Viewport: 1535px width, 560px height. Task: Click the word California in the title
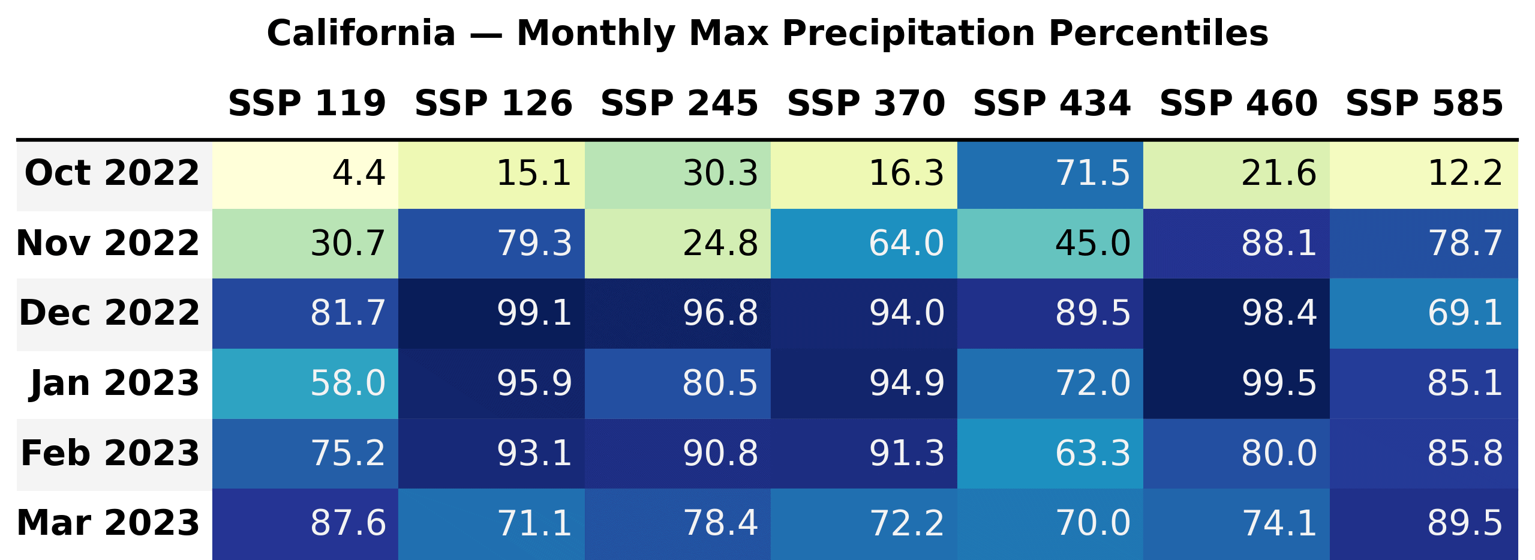coord(361,34)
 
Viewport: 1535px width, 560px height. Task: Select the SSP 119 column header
coord(307,103)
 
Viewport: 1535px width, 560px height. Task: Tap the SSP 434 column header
coord(1052,103)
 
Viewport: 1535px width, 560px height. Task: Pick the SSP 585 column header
coord(1424,103)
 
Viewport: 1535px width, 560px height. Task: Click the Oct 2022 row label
coord(112,173)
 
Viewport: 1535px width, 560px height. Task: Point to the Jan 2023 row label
coord(114,383)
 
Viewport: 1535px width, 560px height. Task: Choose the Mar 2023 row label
coord(109,523)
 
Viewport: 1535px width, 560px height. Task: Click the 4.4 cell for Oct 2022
coord(305,174)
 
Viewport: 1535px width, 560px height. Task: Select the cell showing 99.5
coord(1236,384)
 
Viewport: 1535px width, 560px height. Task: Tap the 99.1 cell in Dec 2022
coord(491,313)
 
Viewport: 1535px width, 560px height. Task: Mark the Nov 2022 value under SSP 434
coord(1050,244)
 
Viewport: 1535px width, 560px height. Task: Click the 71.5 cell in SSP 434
coord(1050,174)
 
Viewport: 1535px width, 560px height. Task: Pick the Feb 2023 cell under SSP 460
coord(1236,453)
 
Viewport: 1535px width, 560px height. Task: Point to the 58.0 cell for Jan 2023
coord(305,384)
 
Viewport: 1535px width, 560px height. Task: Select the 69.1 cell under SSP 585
coord(1423,313)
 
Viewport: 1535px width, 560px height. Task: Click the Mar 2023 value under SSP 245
coord(678,523)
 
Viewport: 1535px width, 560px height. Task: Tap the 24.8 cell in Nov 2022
coord(678,244)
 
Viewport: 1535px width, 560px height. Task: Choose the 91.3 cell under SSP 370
coord(864,453)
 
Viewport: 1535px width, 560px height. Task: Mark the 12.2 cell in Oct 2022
coord(1423,174)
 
